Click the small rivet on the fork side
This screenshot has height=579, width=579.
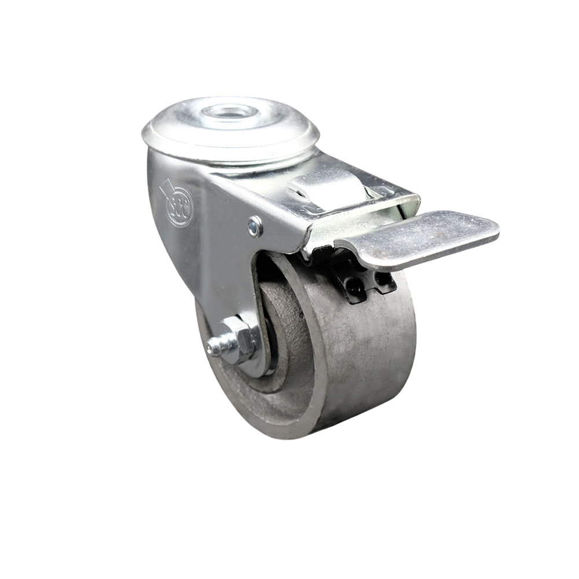pos(255,226)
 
